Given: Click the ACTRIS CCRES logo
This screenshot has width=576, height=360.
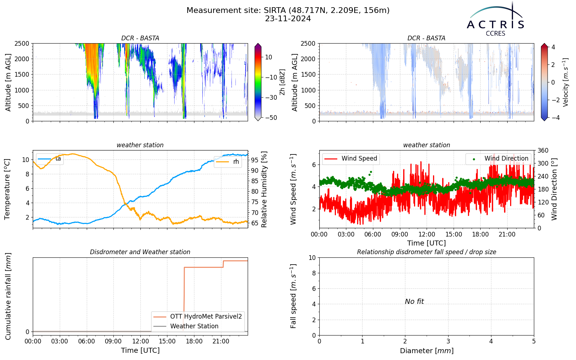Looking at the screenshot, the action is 495,19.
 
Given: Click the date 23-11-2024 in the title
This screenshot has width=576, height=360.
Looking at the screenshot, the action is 288,19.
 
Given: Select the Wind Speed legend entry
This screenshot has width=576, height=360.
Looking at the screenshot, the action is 351,158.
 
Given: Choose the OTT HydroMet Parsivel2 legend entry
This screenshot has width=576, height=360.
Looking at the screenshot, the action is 198,316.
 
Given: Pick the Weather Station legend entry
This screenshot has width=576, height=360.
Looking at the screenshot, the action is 186,326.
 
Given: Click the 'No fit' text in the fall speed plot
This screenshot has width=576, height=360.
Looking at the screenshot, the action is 414,301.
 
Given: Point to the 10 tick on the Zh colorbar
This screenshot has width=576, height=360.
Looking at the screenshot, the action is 269,57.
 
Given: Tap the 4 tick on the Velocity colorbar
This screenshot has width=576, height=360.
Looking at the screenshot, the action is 553,47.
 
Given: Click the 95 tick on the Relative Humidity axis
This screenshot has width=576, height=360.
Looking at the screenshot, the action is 255,160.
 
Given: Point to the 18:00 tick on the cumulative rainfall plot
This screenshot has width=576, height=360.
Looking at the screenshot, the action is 194,342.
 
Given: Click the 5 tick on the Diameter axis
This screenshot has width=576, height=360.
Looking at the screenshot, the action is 534,342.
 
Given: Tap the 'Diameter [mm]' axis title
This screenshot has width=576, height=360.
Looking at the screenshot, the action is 427,351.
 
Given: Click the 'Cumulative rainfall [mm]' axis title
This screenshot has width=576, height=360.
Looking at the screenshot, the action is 8,296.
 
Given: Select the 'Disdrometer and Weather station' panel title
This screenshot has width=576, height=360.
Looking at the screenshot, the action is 140,252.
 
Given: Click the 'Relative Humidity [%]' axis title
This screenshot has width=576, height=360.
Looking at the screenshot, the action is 264,189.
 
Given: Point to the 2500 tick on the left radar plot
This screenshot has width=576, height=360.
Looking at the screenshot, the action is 22,44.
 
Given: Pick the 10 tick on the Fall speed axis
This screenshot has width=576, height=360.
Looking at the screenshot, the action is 312,258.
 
